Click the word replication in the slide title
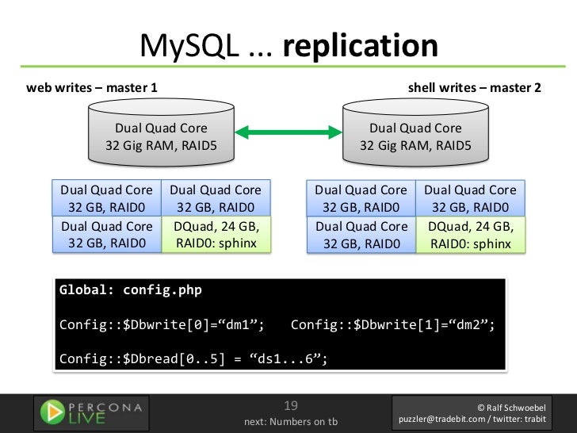(x=360, y=47)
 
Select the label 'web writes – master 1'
(x=91, y=87)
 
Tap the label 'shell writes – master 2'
(x=474, y=87)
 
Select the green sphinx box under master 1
(x=216, y=235)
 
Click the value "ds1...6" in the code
(x=288, y=358)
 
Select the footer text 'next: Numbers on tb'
(x=290, y=421)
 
